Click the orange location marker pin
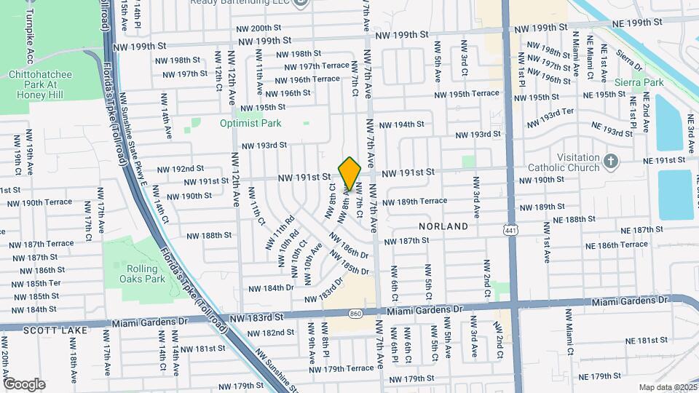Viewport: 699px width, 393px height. click(349, 173)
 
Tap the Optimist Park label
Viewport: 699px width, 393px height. click(250, 124)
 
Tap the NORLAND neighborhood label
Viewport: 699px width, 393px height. click(443, 226)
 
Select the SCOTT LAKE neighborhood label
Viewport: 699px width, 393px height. click(45, 330)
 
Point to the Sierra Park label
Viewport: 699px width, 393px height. click(639, 82)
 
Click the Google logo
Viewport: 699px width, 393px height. click(24, 384)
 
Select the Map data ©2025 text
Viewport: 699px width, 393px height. click(667, 387)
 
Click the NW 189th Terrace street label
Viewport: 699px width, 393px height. click(414, 202)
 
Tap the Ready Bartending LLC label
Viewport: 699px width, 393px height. click(241, 2)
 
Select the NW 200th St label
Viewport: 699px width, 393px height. click(263, 28)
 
